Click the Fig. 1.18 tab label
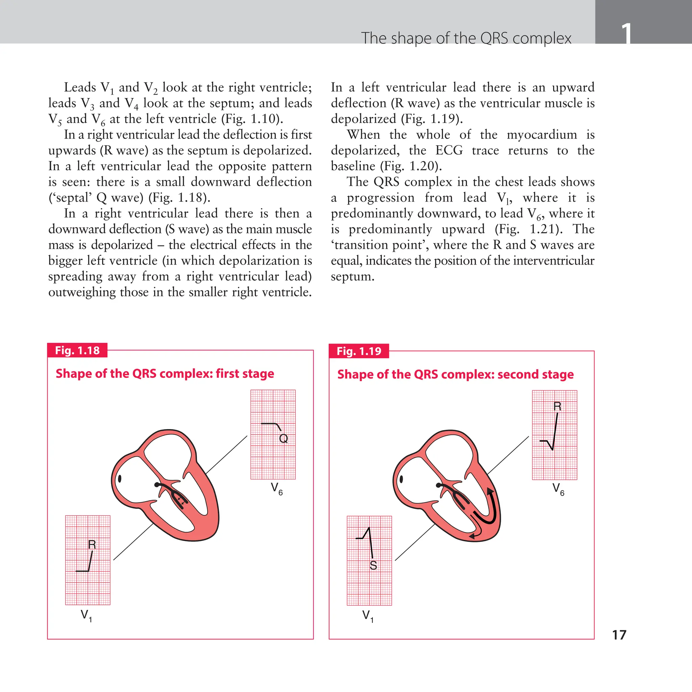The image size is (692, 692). pyautogui.click(x=77, y=350)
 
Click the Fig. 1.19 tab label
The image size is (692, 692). pyautogui.click(x=359, y=351)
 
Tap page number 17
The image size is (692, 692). pyautogui.click(x=619, y=635)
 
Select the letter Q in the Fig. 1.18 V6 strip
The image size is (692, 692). pyautogui.click(x=283, y=438)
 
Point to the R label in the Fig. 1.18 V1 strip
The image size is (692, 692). pyautogui.click(x=92, y=544)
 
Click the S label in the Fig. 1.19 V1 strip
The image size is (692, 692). pyautogui.click(x=373, y=566)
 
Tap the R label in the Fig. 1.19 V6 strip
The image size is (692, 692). pyautogui.click(x=557, y=406)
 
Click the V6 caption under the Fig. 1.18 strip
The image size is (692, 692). pyautogui.click(x=276, y=489)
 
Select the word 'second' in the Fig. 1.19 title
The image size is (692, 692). pyautogui.click(x=518, y=374)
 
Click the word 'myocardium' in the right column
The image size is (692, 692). pyautogui.click(x=542, y=134)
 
